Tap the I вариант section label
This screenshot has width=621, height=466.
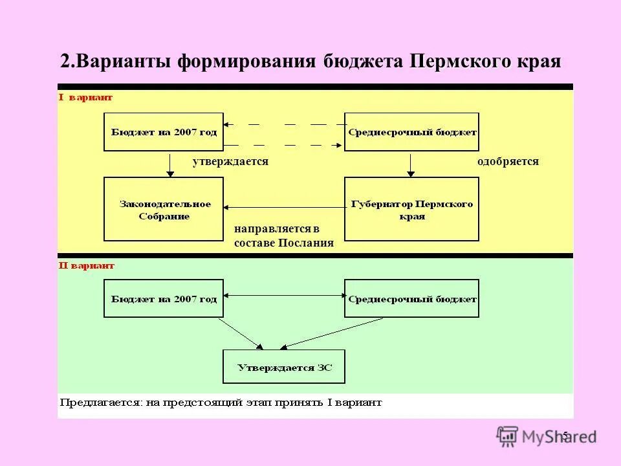[85, 98]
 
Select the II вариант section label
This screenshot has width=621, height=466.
[87, 265]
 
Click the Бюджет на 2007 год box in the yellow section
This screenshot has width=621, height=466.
[164, 132]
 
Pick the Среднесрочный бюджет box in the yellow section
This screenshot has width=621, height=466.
[411, 132]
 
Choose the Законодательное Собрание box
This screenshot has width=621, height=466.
[164, 210]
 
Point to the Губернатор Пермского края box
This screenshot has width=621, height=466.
[411, 210]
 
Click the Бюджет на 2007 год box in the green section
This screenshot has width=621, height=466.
[164, 298]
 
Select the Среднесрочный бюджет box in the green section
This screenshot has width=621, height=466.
[411, 298]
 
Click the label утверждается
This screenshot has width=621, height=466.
[230, 162]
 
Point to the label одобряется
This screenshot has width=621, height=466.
[508, 162]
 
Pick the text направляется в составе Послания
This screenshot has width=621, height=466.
[283, 236]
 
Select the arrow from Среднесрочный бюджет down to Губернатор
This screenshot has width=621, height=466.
[410, 164]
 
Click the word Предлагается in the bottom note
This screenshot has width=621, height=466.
[99, 403]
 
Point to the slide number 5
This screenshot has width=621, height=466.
[565, 435]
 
